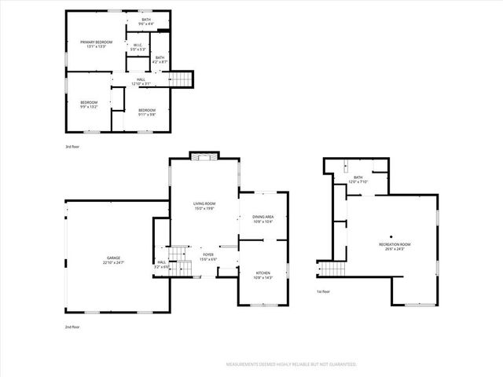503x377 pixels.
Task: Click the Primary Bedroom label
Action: tap(98, 43)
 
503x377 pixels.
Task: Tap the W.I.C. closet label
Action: tap(137, 47)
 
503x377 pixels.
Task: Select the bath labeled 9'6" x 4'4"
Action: tap(147, 21)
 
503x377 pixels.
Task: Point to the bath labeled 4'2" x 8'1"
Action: tap(160, 59)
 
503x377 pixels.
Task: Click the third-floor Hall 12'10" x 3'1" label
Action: tap(141, 81)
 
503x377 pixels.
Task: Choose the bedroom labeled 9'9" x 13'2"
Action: tap(89, 104)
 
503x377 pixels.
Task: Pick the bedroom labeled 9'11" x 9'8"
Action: tap(147, 112)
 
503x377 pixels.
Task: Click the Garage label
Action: tap(115, 259)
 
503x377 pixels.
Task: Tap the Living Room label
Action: tap(204, 206)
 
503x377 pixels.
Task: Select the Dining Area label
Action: tap(263, 219)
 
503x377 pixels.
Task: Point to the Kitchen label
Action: tap(263, 276)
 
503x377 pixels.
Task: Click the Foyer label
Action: tap(208, 257)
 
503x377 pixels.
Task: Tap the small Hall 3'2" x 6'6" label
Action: tap(162, 264)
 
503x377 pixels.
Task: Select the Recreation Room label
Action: tap(395, 246)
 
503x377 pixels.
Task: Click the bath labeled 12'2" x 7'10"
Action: tap(358, 180)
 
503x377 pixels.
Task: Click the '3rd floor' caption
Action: tap(72, 147)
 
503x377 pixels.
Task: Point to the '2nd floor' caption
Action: tap(72, 326)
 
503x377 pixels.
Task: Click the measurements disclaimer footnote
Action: tap(291, 364)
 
